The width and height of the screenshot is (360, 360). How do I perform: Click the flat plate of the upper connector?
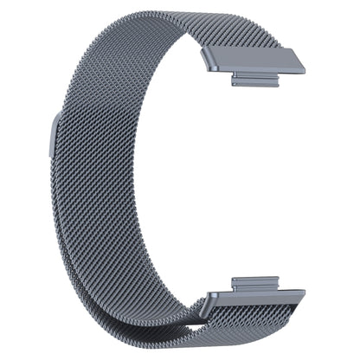[x=255, y=62]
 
